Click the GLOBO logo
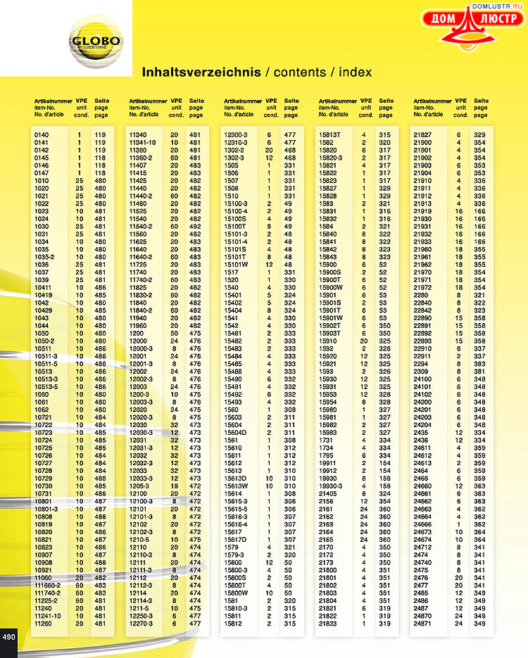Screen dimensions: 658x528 96,42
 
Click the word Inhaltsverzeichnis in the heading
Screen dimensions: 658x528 201,72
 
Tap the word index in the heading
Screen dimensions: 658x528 355,72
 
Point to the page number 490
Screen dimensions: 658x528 9,637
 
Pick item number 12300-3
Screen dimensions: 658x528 235,134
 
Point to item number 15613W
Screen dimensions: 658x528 236,486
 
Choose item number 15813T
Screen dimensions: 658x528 330,134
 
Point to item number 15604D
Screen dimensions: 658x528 236,433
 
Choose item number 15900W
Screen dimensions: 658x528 330,286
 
